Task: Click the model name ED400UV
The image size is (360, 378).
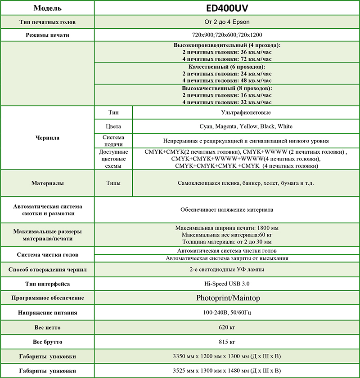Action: (x=227, y=8)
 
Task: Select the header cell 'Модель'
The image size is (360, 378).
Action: (x=47, y=9)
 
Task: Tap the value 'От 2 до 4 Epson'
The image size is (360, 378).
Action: (x=227, y=22)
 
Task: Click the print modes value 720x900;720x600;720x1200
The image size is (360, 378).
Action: (x=227, y=35)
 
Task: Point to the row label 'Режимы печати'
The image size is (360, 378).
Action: (x=47, y=35)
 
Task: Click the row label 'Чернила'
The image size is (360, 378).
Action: (x=47, y=138)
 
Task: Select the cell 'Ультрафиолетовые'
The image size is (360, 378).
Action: (x=246, y=112)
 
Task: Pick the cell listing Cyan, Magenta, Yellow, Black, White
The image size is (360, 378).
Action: (x=246, y=126)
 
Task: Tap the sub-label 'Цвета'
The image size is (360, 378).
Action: (x=113, y=126)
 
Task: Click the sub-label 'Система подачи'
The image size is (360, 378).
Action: (x=113, y=141)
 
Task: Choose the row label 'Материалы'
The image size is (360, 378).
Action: (x=47, y=183)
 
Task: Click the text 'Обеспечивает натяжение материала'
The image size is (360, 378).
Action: (x=227, y=209)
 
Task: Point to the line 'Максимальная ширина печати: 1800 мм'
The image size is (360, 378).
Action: (x=227, y=228)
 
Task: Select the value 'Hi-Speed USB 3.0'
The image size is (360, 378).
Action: (x=227, y=284)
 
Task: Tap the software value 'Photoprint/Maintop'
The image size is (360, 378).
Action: (x=227, y=298)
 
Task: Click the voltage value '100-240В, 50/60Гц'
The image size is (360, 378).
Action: (x=227, y=312)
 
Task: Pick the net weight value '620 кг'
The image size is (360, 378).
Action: (x=227, y=327)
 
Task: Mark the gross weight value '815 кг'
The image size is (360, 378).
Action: (x=227, y=342)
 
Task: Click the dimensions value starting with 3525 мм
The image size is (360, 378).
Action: (x=227, y=371)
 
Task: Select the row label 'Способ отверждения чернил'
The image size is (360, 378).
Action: (x=47, y=270)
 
